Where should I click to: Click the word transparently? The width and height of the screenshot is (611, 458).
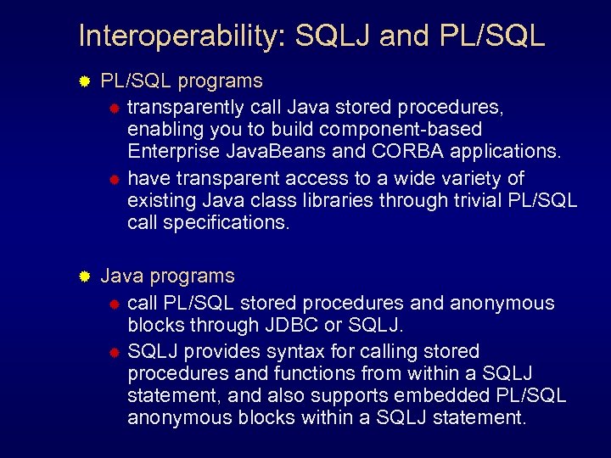[x=186, y=107]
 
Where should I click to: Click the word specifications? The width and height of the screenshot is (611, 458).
[x=222, y=222]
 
